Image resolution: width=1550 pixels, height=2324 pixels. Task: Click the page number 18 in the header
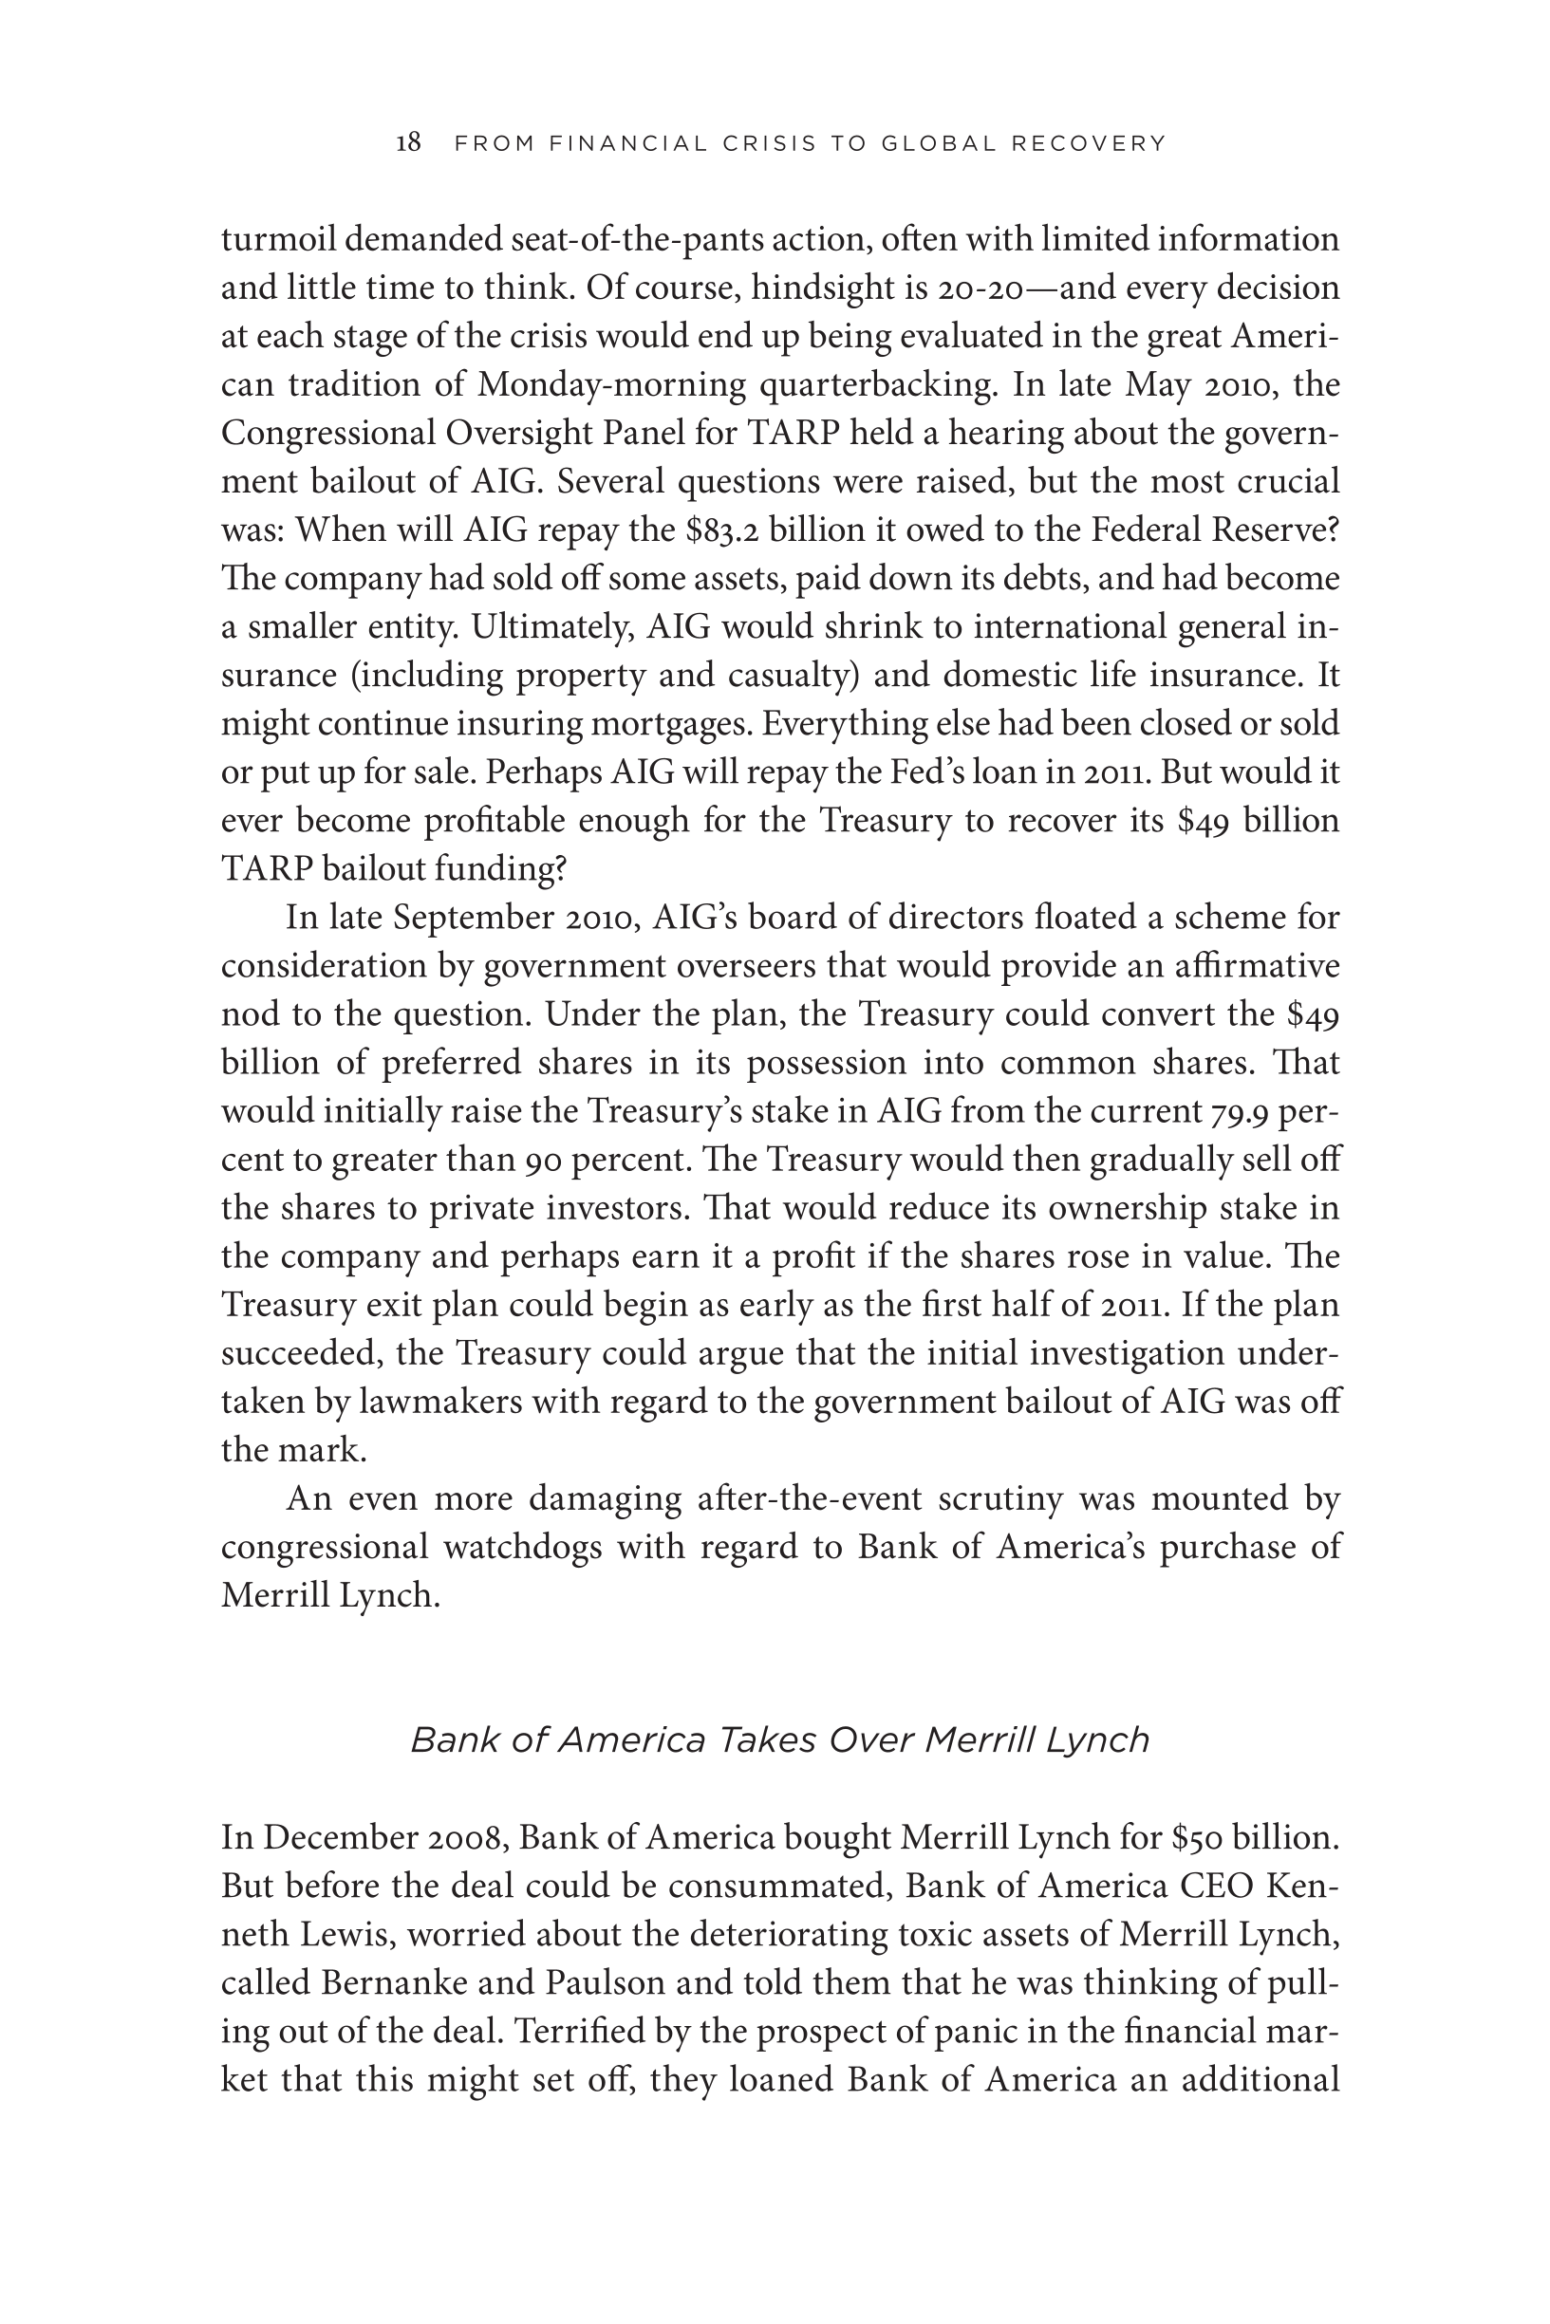tap(408, 143)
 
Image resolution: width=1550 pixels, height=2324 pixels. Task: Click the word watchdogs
tap(522, 1548)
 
